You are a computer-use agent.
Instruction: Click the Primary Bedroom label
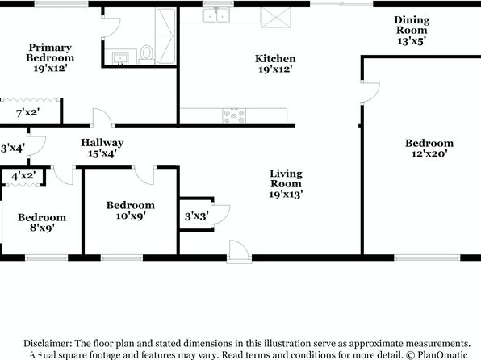point(50,52)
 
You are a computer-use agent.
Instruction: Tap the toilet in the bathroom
point(147,54)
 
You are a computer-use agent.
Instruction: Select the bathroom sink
point(120,58)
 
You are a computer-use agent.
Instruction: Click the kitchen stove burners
point(234,116)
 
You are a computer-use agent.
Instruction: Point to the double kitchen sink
point(216,15)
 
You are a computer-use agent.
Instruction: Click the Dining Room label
point(412,25)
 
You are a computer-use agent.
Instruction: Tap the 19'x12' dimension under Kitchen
point(275,69)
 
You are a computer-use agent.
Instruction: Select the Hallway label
point(102,142)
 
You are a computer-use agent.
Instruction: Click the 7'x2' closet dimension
point(28,113)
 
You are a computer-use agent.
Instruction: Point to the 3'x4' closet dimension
point(13,149)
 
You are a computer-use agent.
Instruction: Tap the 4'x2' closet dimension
point(23,176)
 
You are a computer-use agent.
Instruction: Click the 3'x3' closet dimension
point(197,216)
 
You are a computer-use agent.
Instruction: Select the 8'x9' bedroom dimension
point(42,228)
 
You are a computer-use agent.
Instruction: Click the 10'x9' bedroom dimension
point(131,216)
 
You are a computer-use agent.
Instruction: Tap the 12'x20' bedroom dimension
point(429,153)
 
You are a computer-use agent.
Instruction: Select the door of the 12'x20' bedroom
point(370,92)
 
